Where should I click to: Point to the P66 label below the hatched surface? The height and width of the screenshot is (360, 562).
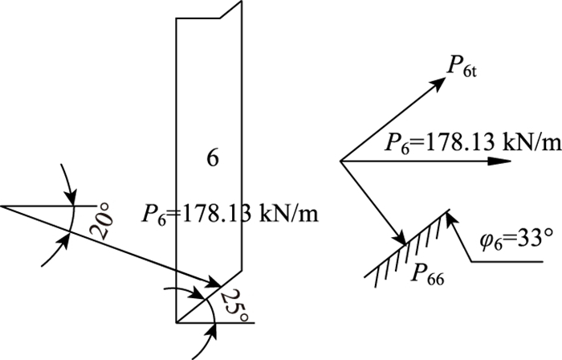click(425, 276)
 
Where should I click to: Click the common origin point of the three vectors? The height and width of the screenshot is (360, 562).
click(341, 161)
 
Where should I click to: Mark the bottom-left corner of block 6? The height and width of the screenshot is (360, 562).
click(177, 322)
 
